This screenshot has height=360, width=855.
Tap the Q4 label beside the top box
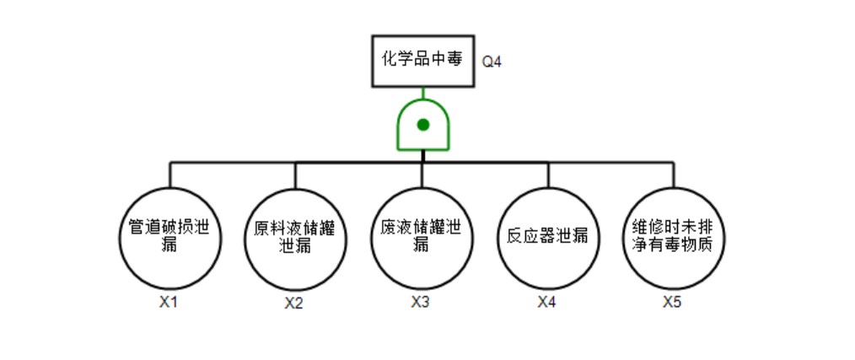click(492, 62)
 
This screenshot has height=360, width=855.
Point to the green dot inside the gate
click(423, 125)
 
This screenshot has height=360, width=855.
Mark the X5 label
click(672, 301)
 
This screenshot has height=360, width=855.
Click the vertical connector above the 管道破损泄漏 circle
click(170, 174)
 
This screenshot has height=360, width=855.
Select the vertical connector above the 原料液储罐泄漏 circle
click(295, 174)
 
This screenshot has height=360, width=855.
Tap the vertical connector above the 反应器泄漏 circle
click(548, 174)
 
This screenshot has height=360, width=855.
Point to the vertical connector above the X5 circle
click(673, 174)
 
